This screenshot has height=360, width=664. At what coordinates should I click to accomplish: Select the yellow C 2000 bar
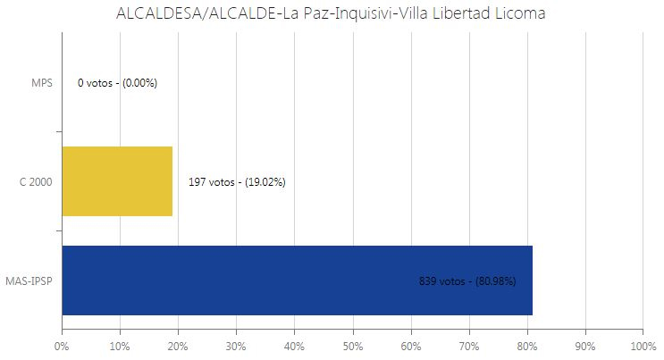117,181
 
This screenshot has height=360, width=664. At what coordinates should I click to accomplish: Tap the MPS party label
42,83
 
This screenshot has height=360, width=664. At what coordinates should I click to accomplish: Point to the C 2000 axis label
36,181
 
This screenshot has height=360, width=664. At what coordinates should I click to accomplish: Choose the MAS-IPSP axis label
29,280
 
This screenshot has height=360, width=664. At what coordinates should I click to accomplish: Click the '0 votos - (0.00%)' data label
118,83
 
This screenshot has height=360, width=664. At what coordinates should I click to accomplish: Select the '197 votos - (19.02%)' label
237,181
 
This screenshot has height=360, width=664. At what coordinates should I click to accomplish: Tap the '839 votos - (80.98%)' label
467,280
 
